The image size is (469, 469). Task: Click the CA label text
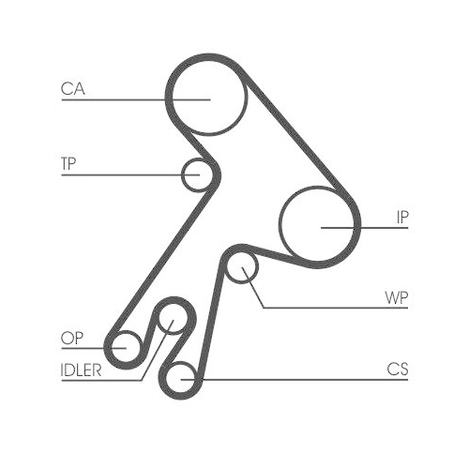(73, 88)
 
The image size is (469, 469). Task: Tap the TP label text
(68, 163)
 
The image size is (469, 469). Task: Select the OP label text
(72, 338)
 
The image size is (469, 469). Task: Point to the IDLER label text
(81, 371)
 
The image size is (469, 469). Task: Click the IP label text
(402, 217)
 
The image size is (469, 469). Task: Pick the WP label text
(397, 297)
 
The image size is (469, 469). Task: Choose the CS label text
(398, 369)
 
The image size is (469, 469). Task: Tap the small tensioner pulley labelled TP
(182, 175)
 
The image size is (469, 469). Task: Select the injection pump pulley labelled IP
(280, 223)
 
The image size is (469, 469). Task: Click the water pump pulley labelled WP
(226, 268)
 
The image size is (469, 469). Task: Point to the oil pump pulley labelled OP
(112, 347)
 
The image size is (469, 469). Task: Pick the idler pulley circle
(159, 319)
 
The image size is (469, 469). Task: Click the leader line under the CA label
(136, 99)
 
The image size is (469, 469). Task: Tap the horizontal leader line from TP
(130, 175)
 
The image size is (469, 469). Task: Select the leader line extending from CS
(295, 380)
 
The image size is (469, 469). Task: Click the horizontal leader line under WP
(336, 308)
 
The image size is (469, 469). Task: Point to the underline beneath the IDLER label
(101, 380)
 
